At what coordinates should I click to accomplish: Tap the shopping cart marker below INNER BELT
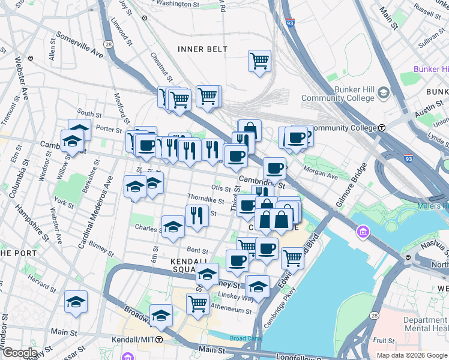259,61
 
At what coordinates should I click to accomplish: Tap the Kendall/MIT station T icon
159,340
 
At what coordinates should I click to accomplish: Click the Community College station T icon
382,128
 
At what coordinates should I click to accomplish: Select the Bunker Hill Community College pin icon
384,94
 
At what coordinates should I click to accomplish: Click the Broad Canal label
246,338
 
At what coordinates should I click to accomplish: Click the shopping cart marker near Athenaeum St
197,304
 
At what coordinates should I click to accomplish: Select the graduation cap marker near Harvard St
76,302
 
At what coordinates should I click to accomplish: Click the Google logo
19,353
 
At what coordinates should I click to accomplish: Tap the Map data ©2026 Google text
412,355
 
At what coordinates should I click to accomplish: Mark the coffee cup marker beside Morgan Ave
274,169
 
